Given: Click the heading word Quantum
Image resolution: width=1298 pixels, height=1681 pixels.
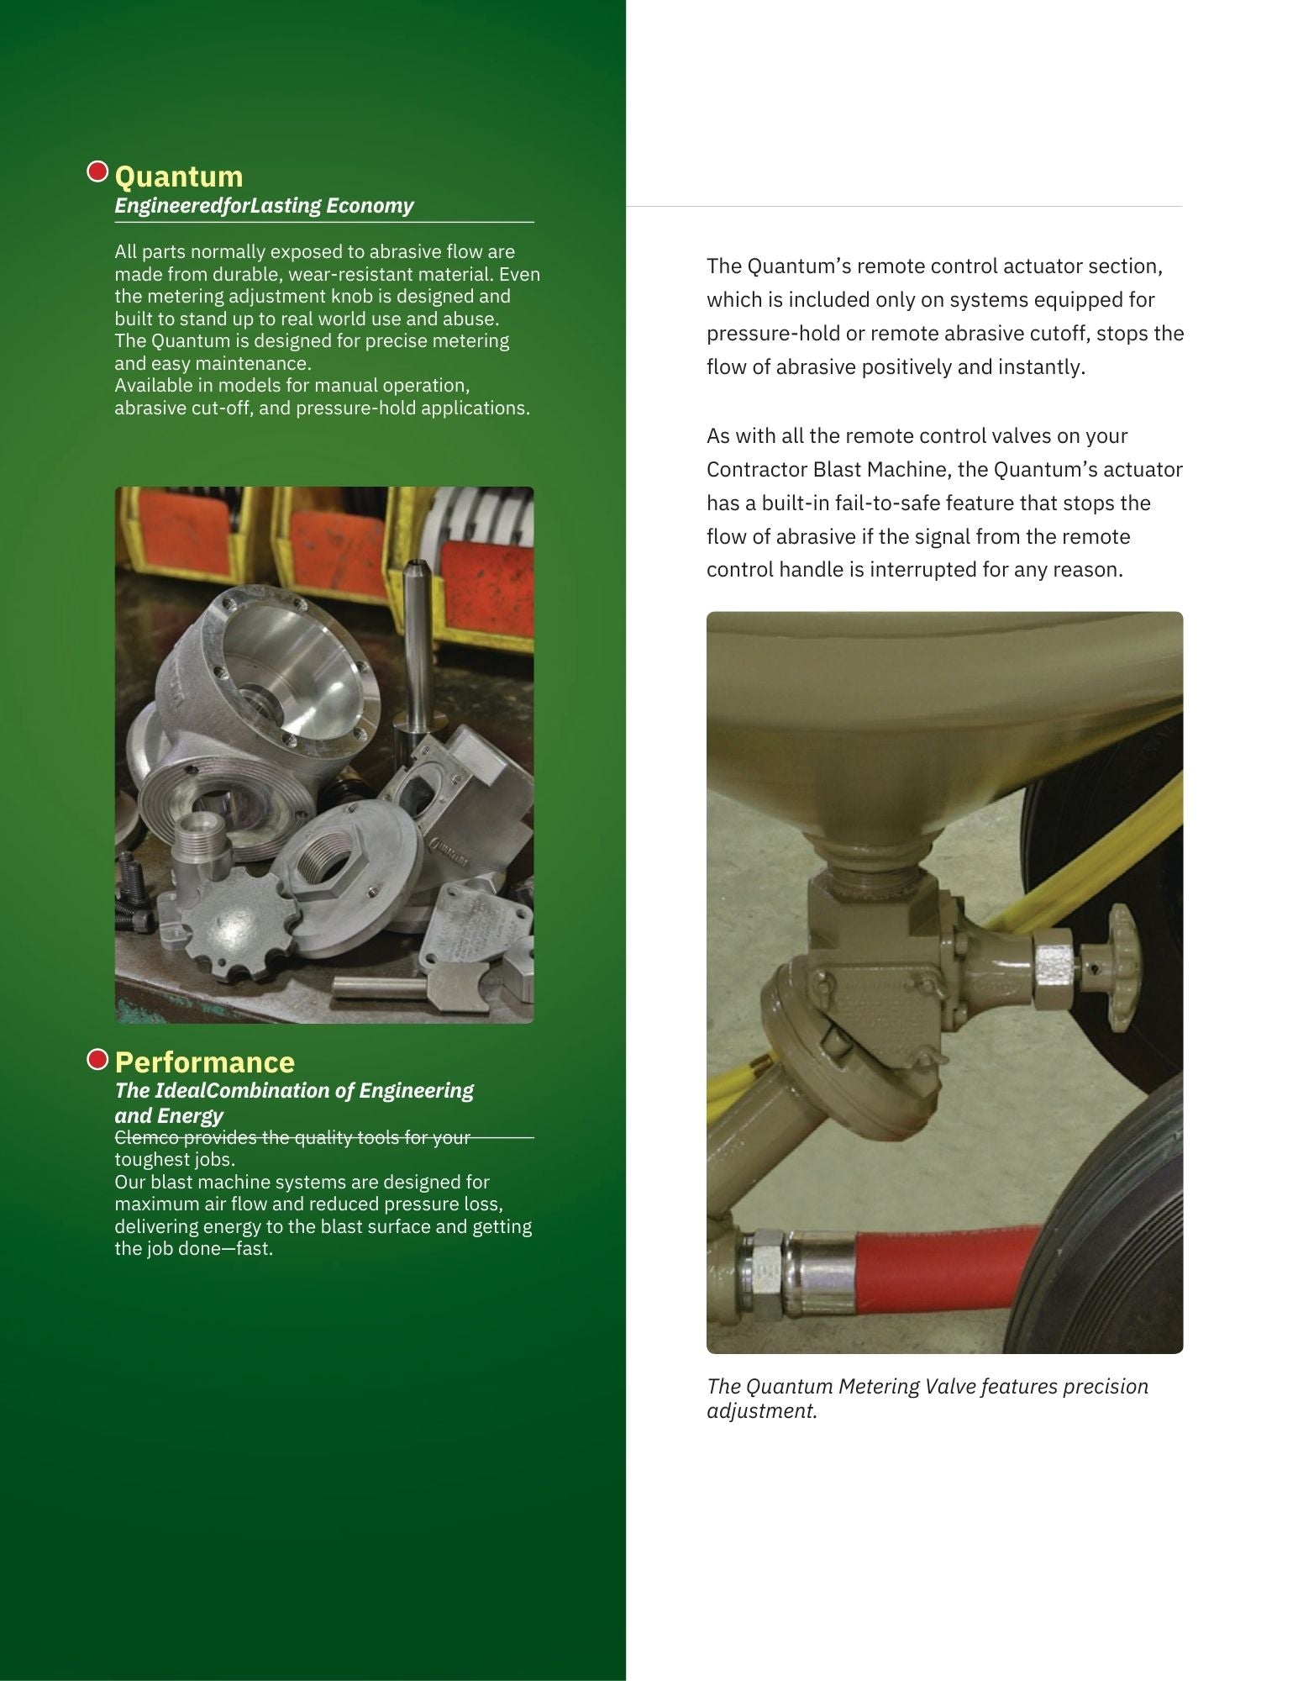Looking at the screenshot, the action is click(x=178, y=177).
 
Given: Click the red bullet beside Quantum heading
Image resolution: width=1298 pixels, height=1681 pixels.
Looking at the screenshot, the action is click(x=98, y=172).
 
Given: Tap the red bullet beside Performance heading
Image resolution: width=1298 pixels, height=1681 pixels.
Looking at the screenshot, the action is click(x=98, y=1060).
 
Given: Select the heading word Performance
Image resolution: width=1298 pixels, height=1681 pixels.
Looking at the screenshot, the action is click(x=205, y=1062).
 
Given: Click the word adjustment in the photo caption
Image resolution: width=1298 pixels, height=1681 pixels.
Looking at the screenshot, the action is click(x=762, y=1411).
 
